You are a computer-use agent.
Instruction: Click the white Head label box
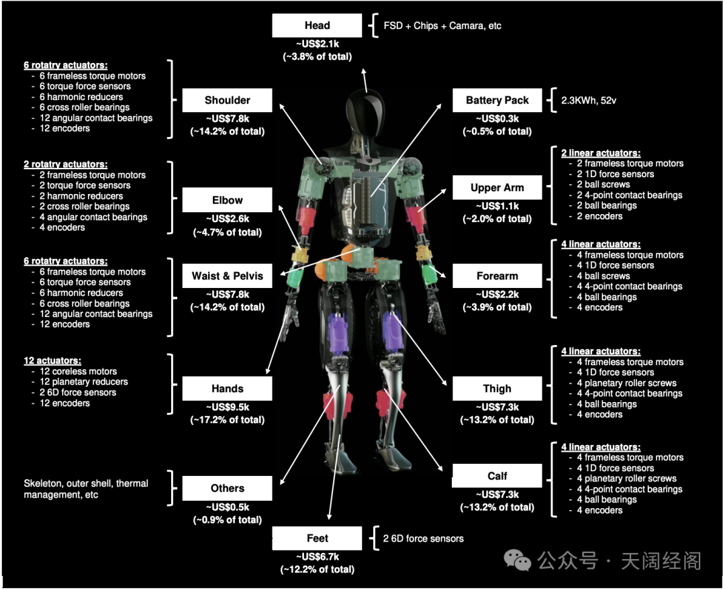click(317, 26)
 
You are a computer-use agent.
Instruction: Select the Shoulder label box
click(227, 101)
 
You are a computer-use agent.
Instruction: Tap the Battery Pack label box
click(497, 101)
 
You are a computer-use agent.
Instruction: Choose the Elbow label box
click(227, 200)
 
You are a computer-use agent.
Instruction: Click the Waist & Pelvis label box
click(227, 276)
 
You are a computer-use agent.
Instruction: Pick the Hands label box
click(227, 389)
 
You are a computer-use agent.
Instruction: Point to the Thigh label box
click(497, 389)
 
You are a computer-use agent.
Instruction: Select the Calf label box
click(497, 476)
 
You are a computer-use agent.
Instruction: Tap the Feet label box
click(317, 538)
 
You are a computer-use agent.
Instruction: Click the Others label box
click(227, 489)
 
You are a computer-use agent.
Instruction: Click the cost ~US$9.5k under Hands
click(227, 407)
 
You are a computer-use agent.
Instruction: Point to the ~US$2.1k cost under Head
click(317, 44)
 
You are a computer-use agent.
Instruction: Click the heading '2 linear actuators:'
click(600, 153)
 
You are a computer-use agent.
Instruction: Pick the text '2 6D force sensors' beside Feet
click(423, 538)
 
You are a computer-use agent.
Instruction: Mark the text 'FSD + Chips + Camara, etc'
click(442, 26)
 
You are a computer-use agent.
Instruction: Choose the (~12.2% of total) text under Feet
click(317, 569)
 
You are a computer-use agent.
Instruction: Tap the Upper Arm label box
click(497, 188)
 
